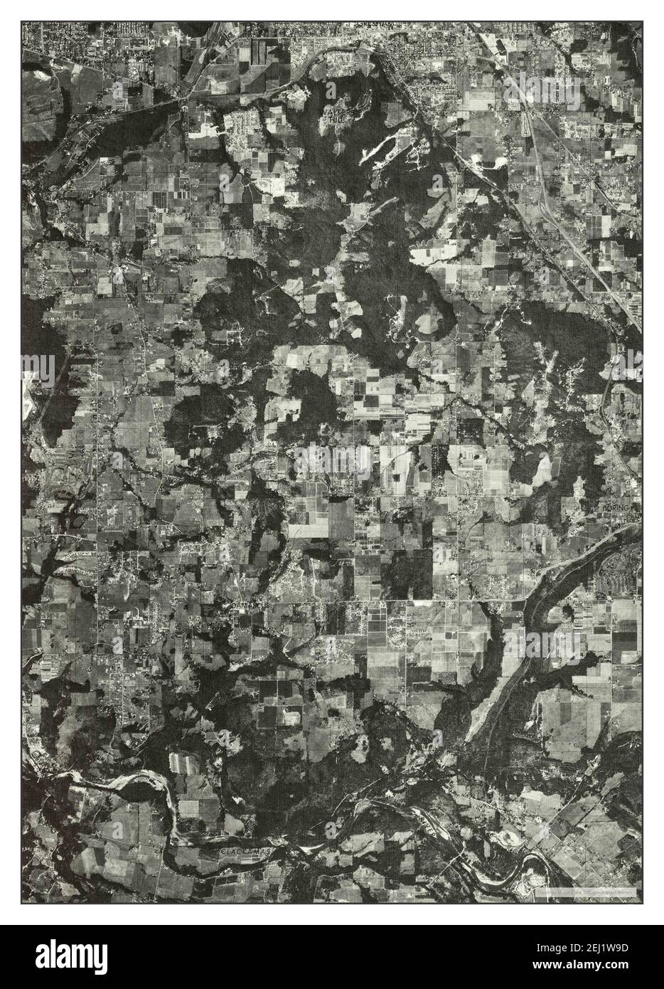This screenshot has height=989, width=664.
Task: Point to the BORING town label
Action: [612, 508]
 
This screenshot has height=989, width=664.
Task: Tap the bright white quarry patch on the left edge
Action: [30, 384]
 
